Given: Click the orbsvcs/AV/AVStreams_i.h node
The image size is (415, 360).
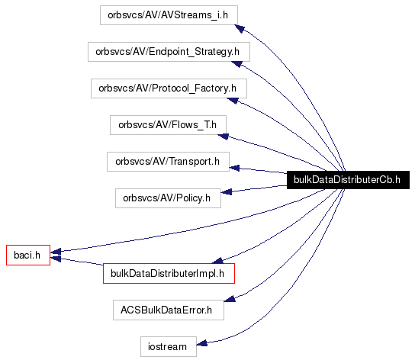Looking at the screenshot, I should pos(169,14).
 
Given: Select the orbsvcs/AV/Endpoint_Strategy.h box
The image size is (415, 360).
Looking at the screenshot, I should pos(169,52).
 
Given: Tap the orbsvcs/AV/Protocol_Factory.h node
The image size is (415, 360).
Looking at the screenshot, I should pos(168,88).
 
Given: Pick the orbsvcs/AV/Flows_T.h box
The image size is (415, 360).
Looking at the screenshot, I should pos(168,124).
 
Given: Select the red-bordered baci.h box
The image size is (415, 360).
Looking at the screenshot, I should pos(28,254).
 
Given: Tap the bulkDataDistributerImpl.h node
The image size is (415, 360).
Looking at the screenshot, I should pos(167,272).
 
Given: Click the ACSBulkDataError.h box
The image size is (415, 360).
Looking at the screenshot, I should pos(167,310).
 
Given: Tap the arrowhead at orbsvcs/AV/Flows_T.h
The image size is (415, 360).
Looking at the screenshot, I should pos(224,137).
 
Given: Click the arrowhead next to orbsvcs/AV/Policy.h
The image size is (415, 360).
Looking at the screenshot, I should pos(227,194).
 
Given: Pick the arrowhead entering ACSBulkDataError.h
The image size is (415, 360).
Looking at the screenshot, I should pos(229,300).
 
